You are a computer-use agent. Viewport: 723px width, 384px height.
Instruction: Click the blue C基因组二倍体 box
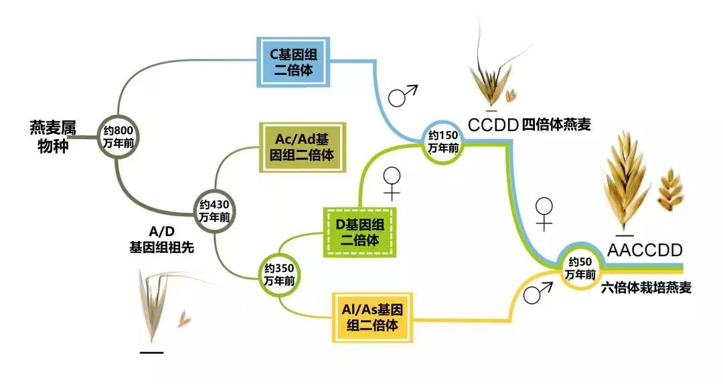pos(293,62)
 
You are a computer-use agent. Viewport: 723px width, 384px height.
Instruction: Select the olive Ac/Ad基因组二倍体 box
pos(302,147)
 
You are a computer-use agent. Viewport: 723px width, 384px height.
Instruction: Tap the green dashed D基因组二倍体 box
pos(359,232)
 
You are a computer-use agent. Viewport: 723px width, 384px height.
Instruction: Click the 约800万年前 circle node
pos(118,137)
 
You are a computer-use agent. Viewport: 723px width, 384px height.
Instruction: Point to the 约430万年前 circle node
pos(214,211)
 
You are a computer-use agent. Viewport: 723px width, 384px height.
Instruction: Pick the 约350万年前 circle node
pos(279,274)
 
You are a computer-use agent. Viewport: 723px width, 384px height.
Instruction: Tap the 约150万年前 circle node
pos(443,142)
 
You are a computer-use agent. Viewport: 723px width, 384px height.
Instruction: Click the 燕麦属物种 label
pos(53,137)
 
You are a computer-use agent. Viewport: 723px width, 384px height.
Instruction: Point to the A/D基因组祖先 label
pos(161,239)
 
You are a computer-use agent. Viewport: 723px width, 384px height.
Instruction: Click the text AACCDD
pos(645,250)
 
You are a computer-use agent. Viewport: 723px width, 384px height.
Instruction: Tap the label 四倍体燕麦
pos(556,124)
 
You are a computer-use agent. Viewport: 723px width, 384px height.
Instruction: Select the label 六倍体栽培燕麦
pos(647,288)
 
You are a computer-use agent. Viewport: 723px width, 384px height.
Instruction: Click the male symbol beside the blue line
pos(402,96)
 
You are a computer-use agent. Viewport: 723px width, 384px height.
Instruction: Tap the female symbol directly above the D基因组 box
pos(392,183)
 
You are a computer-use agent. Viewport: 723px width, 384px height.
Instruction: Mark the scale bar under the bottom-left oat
pos(151,353)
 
